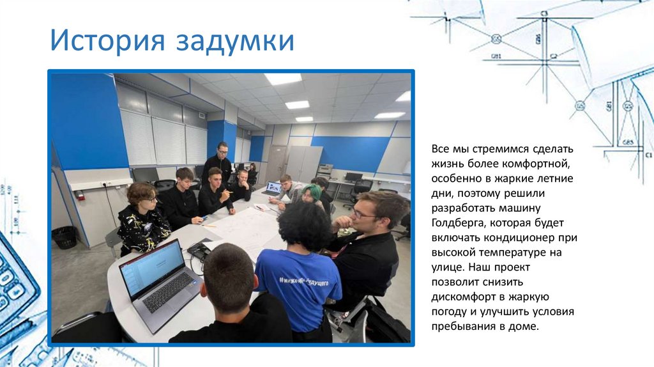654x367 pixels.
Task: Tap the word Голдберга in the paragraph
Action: coord(460,223)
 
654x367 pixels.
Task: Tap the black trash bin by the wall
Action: coord(64,237)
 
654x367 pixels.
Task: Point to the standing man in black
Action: coord(219,163)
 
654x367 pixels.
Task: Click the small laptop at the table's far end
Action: coord(273,189)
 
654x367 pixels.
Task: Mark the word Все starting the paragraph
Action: coord(441,148)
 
